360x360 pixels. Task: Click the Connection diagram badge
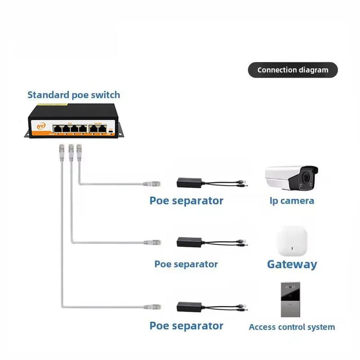293,70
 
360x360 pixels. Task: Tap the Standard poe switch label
74,95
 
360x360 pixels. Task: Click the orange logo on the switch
40,125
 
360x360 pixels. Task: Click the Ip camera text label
292,201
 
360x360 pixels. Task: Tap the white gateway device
292,241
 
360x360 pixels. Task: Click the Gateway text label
292,264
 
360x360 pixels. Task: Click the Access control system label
292,327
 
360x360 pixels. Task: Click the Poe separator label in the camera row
186,201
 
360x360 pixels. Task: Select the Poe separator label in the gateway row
186,264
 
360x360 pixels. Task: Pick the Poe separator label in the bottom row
186,326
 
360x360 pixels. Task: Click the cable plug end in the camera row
153,183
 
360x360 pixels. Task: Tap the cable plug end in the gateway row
153,242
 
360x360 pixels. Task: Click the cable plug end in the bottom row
153,307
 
